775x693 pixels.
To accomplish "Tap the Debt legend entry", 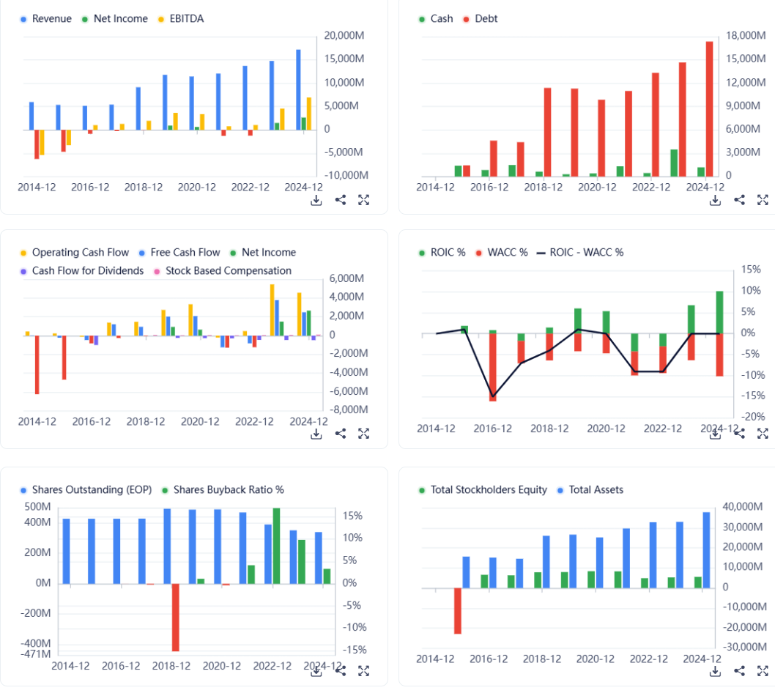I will [x=486, y=18].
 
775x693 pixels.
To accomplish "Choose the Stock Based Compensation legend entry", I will [x=228, y=270].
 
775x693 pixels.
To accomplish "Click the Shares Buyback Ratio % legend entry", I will [x=228, y=489].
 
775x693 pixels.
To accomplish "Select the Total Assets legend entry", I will [x=596, y=489].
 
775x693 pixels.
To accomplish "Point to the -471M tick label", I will [x=35, y=653].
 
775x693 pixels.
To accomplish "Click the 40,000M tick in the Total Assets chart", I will [x=742, y=507].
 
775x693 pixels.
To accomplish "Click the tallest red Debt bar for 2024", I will [x=709, y=108].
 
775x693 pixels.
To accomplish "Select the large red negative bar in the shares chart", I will [x=175, y=617].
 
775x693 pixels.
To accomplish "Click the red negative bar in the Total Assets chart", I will [x=458, y=610].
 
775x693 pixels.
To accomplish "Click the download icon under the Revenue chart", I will [x=316, y=200].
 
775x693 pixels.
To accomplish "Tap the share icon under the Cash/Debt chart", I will [x=739, y=200].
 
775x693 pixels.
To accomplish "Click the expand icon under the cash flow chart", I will [x=363, y=434].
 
